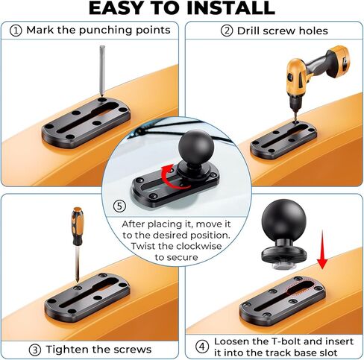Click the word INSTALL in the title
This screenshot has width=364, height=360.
coord(230,8)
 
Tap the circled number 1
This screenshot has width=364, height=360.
coord(16,31)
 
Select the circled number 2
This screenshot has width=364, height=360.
coord(227,31)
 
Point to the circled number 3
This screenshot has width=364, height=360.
coord(35,350)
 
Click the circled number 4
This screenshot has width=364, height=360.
coord(201,347)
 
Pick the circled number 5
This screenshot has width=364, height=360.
coord(119,206)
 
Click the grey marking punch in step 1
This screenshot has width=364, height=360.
coord(102,71)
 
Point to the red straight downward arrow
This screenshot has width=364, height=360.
coord(322,250)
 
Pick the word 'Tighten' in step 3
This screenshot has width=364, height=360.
coord(67,350)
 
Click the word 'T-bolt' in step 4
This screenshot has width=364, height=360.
coord(286,341)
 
